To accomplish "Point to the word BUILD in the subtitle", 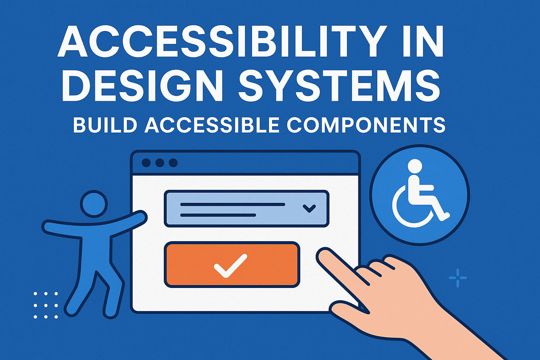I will [104, 125].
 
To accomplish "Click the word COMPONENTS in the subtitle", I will [366, 125].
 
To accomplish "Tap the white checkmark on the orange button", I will [230, 265].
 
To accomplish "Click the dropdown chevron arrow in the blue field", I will [309, 208].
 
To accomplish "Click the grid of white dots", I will [46, 305].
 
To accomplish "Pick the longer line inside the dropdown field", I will [232, 204].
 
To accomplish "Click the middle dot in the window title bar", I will [160, 163].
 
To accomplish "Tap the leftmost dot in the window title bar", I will [146, 163].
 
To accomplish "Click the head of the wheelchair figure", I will [415, 166].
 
